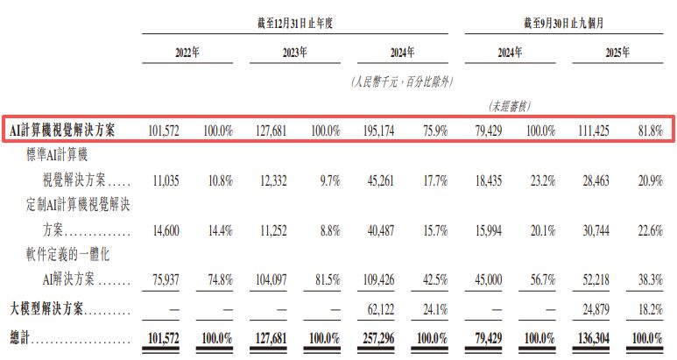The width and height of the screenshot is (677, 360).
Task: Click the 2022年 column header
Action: click(187, 53)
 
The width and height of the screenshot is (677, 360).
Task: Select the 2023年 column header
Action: click(293, 53)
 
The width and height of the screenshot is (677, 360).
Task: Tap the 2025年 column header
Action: click(616, 53)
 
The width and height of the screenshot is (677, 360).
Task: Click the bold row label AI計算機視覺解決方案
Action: click(63, 131)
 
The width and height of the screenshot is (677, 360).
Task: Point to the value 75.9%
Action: click(434, 131)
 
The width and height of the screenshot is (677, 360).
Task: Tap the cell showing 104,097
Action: click(272, 283)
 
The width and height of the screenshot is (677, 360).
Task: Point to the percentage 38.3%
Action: click(649, 283)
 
